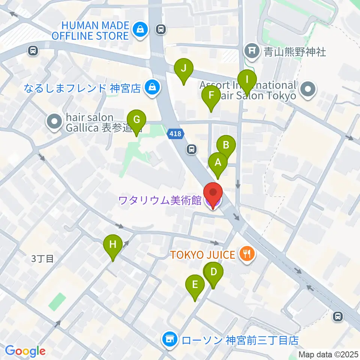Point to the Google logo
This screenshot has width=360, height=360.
[x=25, y=351]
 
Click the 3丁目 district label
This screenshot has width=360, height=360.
[x=43, y=258]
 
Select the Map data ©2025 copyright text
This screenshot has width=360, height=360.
[x=328, y=354]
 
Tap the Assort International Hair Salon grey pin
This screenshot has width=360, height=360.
[x=309, y=90]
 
